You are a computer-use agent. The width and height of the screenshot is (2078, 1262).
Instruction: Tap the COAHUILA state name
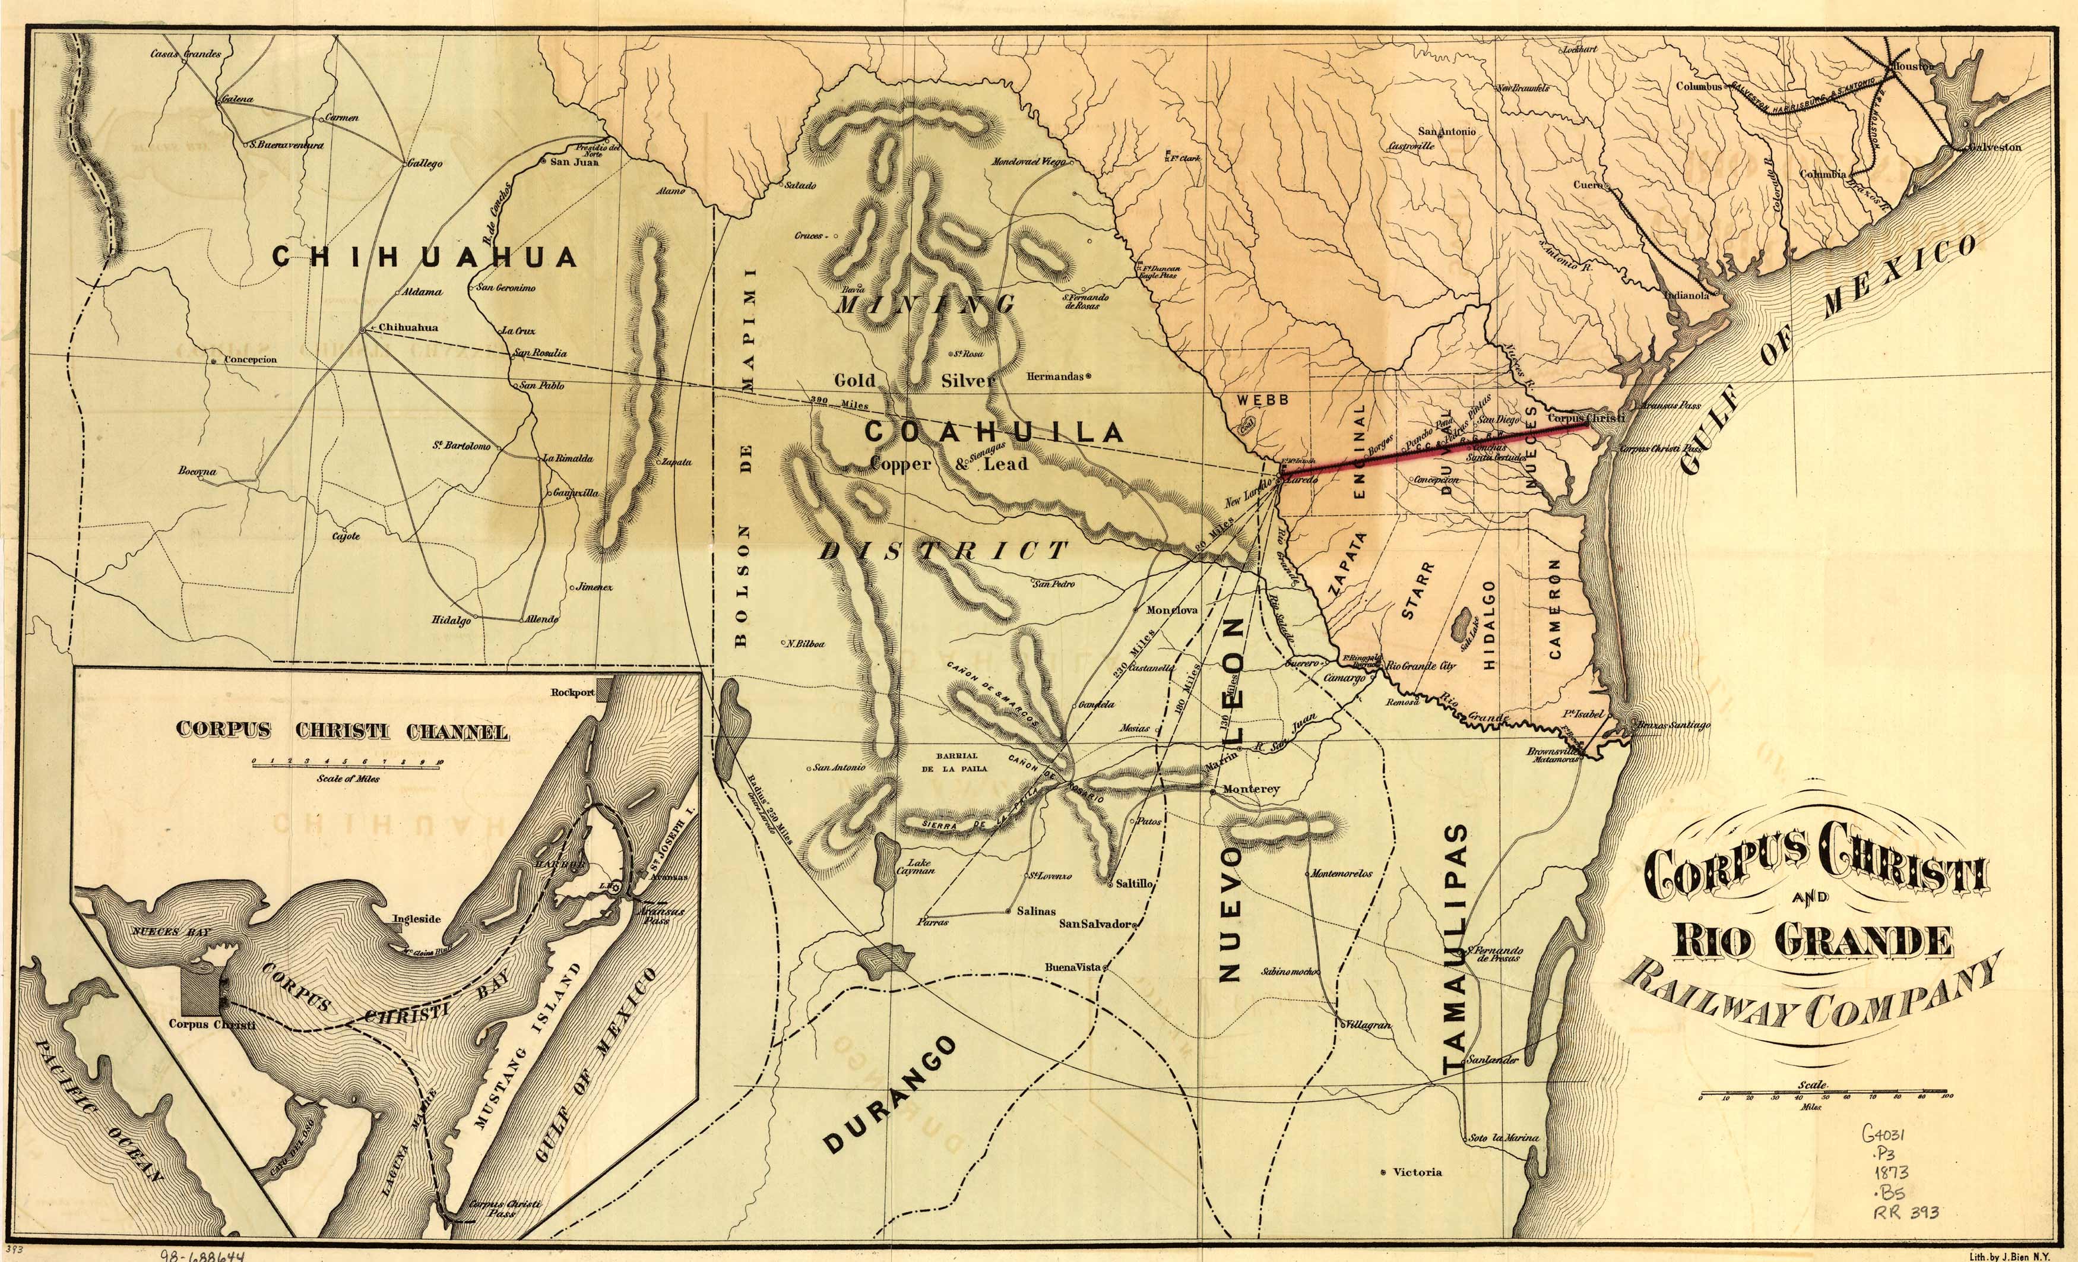coord(993,432)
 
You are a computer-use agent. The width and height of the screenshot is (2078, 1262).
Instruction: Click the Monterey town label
coord(1251,789)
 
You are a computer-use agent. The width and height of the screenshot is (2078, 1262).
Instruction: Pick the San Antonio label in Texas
coord(1446,132)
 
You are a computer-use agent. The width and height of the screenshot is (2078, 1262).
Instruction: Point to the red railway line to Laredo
coord(1434,447)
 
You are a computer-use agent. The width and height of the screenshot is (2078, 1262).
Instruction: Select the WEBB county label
coord(1262,399)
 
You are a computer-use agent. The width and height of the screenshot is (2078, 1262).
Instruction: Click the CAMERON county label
coord(1556,608)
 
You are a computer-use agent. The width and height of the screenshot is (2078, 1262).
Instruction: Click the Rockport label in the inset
coord(572,692)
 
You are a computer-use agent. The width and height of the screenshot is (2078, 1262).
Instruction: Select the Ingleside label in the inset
coord(417,919)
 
